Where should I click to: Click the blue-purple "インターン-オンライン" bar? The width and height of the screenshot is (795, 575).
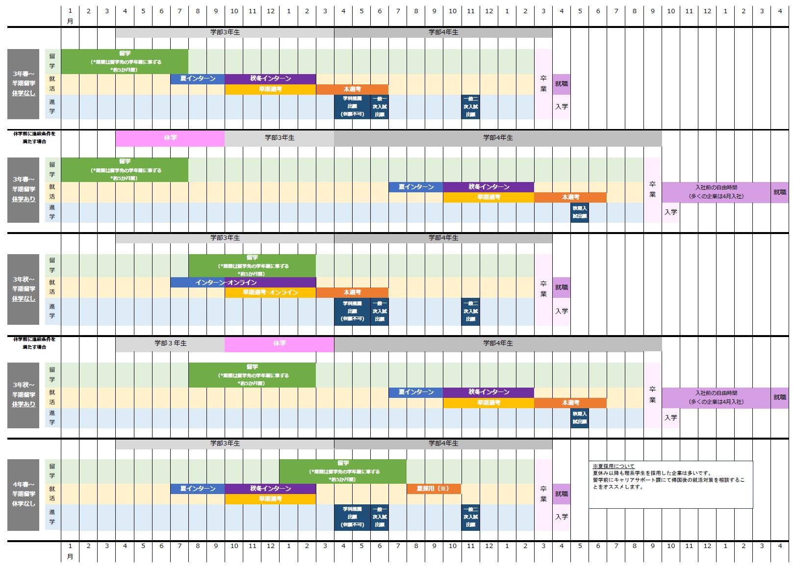(x=243, y=283)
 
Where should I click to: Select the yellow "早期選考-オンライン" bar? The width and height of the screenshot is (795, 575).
(x=270, y=292)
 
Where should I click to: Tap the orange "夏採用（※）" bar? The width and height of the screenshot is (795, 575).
(x=434, y=489)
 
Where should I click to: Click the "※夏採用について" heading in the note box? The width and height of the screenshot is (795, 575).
(x=614, y=466)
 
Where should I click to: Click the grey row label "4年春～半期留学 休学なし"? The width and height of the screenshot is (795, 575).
(x=24, y=495)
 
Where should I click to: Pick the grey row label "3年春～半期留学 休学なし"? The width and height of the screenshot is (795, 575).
(x=24, y=84)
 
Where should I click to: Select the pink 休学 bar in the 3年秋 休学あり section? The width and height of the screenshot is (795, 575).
(x=279, y=344)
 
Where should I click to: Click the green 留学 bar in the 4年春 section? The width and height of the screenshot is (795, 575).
(x=343, y=471)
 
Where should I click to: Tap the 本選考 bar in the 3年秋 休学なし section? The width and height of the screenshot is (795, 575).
(x=352, y=292)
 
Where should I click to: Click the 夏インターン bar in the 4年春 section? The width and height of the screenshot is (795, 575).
(x=198, y=489)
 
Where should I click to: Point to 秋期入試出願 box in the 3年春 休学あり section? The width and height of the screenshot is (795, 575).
(x=580, y=212)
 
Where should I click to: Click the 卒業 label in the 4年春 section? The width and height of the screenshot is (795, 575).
(x=543, y=494)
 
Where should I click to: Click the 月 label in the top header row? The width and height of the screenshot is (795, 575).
(x=70, y=22)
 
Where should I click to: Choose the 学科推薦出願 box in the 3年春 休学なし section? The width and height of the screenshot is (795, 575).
(x=352, y=106)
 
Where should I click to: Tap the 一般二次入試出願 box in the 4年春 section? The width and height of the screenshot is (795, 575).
(x=470, y=517)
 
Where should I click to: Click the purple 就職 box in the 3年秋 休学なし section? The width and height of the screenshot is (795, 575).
(x=562, y=287)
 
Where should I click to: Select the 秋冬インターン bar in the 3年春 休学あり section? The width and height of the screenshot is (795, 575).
(x=488, y=187)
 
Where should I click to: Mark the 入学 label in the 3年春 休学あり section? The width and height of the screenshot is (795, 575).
(x=670, y=212)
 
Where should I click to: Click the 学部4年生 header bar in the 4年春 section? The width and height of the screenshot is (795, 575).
(x=443, y=444)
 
